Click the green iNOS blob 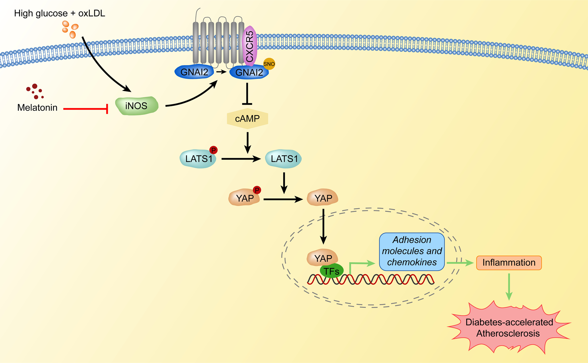coord(137,106)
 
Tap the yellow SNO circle coord(269,64)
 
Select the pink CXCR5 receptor coord(250,46)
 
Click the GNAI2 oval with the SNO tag coord(249,73)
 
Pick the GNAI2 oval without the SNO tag coord(194,72)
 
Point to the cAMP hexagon coord(247,118)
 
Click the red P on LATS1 coord(213,150)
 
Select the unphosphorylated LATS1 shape coord(284,159)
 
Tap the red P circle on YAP coord(257,190)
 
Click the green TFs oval coord(332,271)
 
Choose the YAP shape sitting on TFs coord(322,258)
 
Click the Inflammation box coord(509,263)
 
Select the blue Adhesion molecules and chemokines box coord(412,251)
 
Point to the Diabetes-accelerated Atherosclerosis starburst coord(509,328)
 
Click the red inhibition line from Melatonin coord(85,108)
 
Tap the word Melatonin coord(37,107)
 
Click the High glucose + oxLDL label coord(59,13)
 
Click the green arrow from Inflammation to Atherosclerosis coord(509,286)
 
